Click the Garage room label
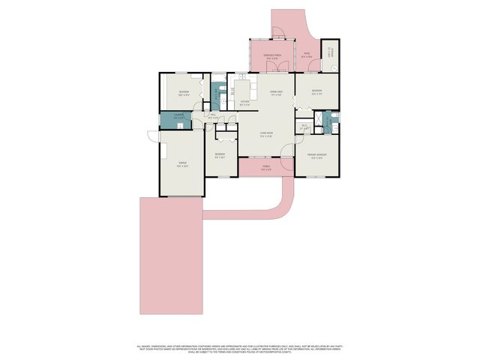[181, 166]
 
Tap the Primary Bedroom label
[316, 156]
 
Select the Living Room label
[267, 134]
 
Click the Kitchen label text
[244, 102]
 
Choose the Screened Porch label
[271, 56]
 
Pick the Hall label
[213, 116]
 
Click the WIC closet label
[304, 127]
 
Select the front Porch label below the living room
[266, 168]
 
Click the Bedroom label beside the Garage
[220, 155]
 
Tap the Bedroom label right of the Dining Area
[316, 93]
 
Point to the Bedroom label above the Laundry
[183, 93]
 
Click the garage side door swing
[153, 136]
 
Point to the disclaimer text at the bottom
[240, 348]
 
